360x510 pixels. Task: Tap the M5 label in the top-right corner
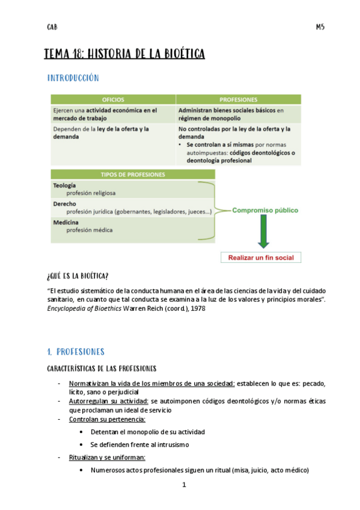320,27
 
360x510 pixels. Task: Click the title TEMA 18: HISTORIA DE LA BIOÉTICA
124,55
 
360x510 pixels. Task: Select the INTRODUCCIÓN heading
73,78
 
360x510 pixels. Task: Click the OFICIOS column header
112,99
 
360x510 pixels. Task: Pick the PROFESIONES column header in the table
239,99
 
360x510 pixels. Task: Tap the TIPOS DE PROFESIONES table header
133,174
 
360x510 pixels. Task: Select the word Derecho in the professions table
64,204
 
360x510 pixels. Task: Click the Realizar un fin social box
261,257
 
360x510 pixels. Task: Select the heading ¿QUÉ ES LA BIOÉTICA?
78,276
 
